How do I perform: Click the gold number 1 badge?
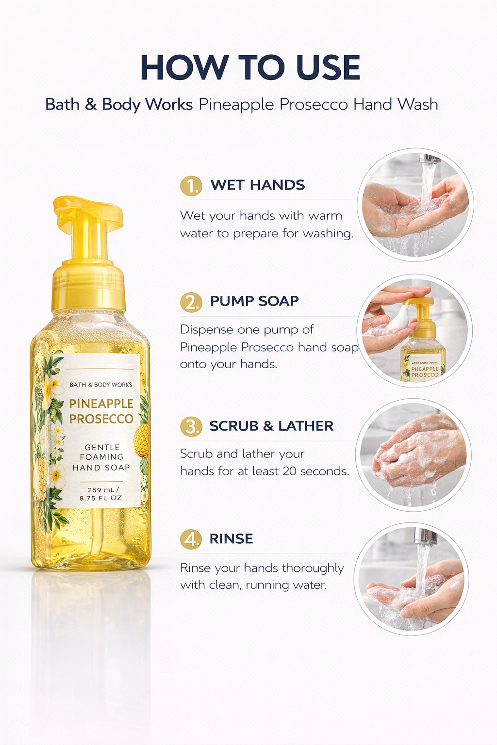(x=191, y=186)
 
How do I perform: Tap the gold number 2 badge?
(x=191, y=302)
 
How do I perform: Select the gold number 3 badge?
(x=191, y=427)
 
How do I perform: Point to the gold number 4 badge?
(x=191, y=539)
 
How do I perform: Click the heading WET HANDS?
(x=257, y=185)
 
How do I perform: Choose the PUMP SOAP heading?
(x=254, y=301)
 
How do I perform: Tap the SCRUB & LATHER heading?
(x=271, y=426)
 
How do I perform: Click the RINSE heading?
(x=231, y=538)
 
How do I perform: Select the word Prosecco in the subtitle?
(x=314, y=104)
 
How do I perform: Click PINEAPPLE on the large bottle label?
(x=101, y=404)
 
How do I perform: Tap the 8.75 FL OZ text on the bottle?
(x=101, y=498)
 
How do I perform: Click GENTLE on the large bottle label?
(x=102, y=447)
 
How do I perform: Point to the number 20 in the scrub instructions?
(x=290, y=471)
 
